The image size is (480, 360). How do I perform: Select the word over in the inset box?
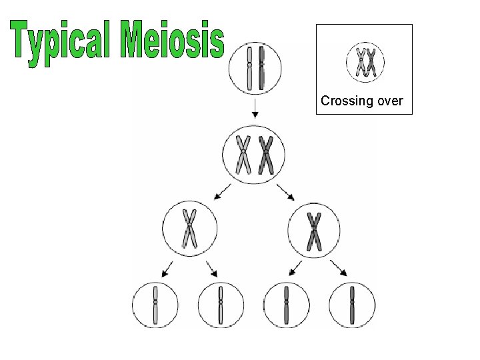pyautogui.click(x=390, y=101)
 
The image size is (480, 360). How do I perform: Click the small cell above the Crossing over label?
pyautogui.click(x=365, y=62)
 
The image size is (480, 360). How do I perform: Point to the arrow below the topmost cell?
pyautogui.click(x=255, y=107)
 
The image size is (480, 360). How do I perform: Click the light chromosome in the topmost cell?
pyautogui.click(x=249, y=67)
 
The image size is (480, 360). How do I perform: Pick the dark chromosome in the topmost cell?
pyautogui.click(x=261, y=67)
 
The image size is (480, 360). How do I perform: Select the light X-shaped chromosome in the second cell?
pyautogui.click(x=243, y=155)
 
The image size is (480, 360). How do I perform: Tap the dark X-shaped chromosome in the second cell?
pyautogui.click(x=266, y=155)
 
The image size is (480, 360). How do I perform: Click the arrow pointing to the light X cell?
pyautogui.click(x=221, y=193)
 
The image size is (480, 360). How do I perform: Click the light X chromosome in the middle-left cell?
pyautogui.click(x=190, y=229)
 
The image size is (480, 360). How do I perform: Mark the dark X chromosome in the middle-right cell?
pyautogui.click(x=313, y=231)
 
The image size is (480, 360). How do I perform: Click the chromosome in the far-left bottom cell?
pyautogui.click(x=155, y=305)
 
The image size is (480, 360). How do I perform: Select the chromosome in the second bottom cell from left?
pyautogui.click(x=220, y=305)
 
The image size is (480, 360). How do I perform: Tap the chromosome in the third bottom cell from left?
pyautogui.click(x=286, y=305)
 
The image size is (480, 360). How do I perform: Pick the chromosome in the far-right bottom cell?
pyautogui.click(x=351, y=305)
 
